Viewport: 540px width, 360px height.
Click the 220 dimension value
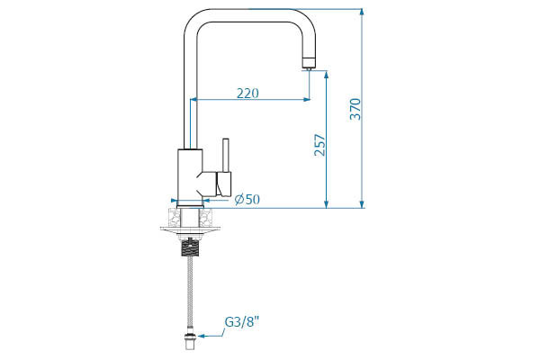click(x=251, y=93)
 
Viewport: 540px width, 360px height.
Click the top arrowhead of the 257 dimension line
click(x=326, y=75)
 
